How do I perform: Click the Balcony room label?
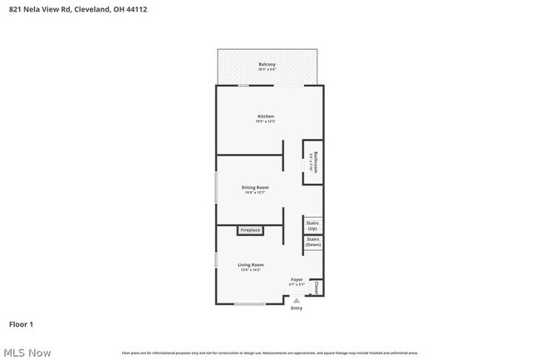pyautogui.click(x=267, y=64)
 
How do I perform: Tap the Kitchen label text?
pyautogui.click(x=265, y=116)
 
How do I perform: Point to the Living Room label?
pyautogui.click(x=251, y=264)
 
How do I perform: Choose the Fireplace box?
pyautogui.click(x=250, y=229)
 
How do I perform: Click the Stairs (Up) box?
pyautogui.click(x=312, y=225)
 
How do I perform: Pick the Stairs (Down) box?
pyautogui.click(x=312, y=243)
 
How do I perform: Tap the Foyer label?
pyautogui.click(x=297, y=279)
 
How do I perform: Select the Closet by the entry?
pyautogui.click(x=317, y=288)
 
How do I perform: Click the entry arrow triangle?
pyautogui.click(x=297, y=300)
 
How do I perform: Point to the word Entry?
pyautogui.click(x=297, y=308)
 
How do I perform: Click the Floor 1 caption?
pyautogui.click(x=21, y=323)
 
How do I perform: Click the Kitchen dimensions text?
pyautogui.click(x=265, y=121)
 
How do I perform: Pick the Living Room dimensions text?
pyautogui.click(x=251, y=270)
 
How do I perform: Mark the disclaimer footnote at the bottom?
pyautogui.click(x=270, y=353)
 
